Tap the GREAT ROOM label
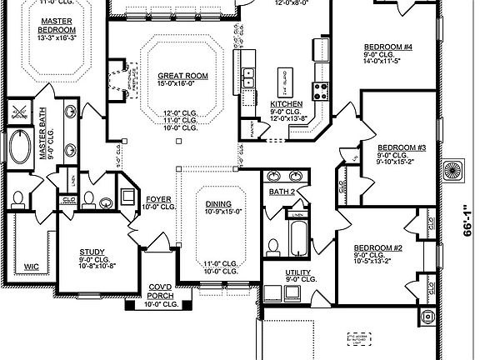point(182,76)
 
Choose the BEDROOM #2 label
point(377,248)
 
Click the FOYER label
point(159,199)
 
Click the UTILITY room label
point(297,272)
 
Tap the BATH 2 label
point(282,192)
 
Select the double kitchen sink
point(247,78)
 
